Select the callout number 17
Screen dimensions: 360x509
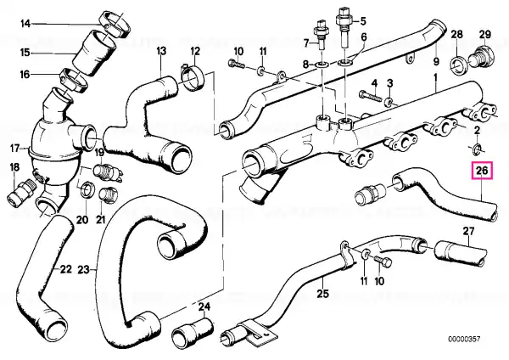[14, 149]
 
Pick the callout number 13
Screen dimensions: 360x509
[161, 52]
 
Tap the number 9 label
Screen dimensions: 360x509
[435, 62]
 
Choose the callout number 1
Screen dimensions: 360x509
[435, 76]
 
